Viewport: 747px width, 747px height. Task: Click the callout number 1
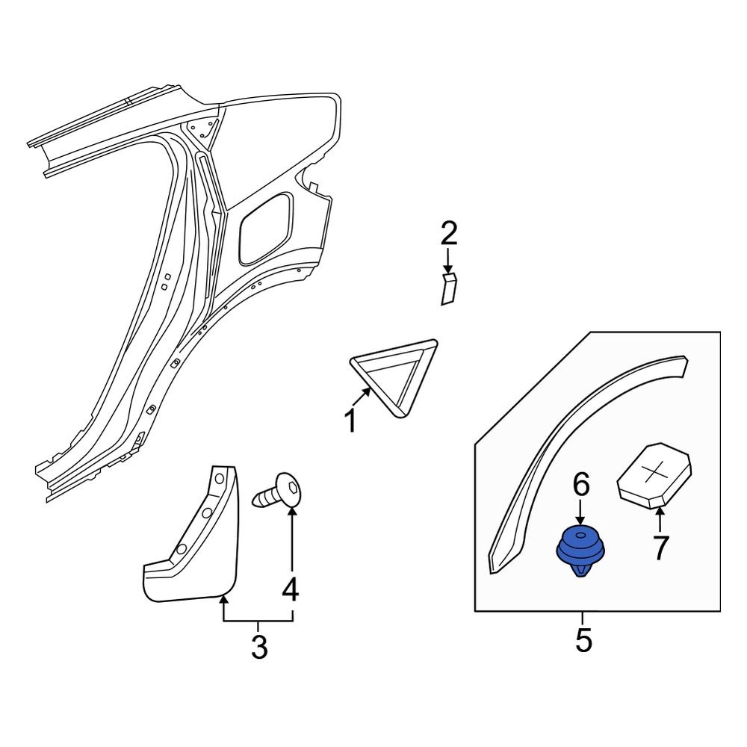350,422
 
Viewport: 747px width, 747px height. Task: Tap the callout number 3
258,647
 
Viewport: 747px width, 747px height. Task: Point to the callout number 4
290,589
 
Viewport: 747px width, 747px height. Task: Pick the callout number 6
581,486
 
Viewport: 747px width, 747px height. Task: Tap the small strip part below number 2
448,289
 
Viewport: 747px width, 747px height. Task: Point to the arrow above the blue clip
581,513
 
